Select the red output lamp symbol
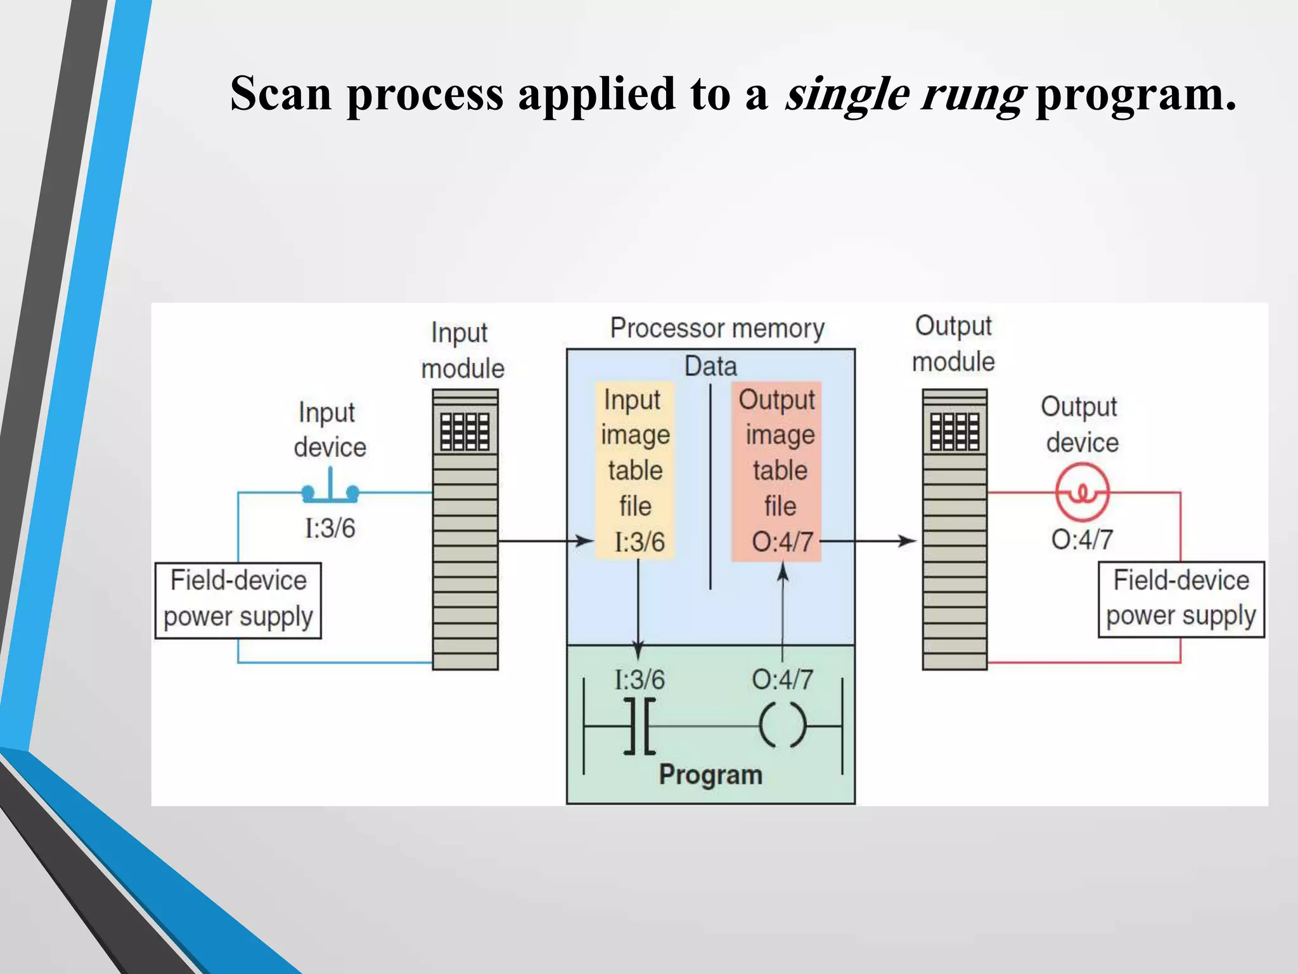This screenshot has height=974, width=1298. point(1083,493)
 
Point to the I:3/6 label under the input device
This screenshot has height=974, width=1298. point(330,528)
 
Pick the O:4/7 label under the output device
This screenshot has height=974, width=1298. point(1082,540)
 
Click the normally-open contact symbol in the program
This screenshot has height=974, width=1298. point(639,726)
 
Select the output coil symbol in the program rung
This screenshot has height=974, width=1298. point(783,725)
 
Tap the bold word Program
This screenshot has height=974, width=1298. point(710,775)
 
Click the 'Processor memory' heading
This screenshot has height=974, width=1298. point(717,328)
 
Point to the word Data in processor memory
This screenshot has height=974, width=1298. point(710,367)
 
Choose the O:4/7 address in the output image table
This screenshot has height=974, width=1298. point(782,542)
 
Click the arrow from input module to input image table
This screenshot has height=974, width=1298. point(545,541)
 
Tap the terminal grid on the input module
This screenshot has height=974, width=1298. point(465,432)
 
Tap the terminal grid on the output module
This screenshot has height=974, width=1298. point(954,432)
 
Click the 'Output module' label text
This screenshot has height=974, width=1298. point(953,344)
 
